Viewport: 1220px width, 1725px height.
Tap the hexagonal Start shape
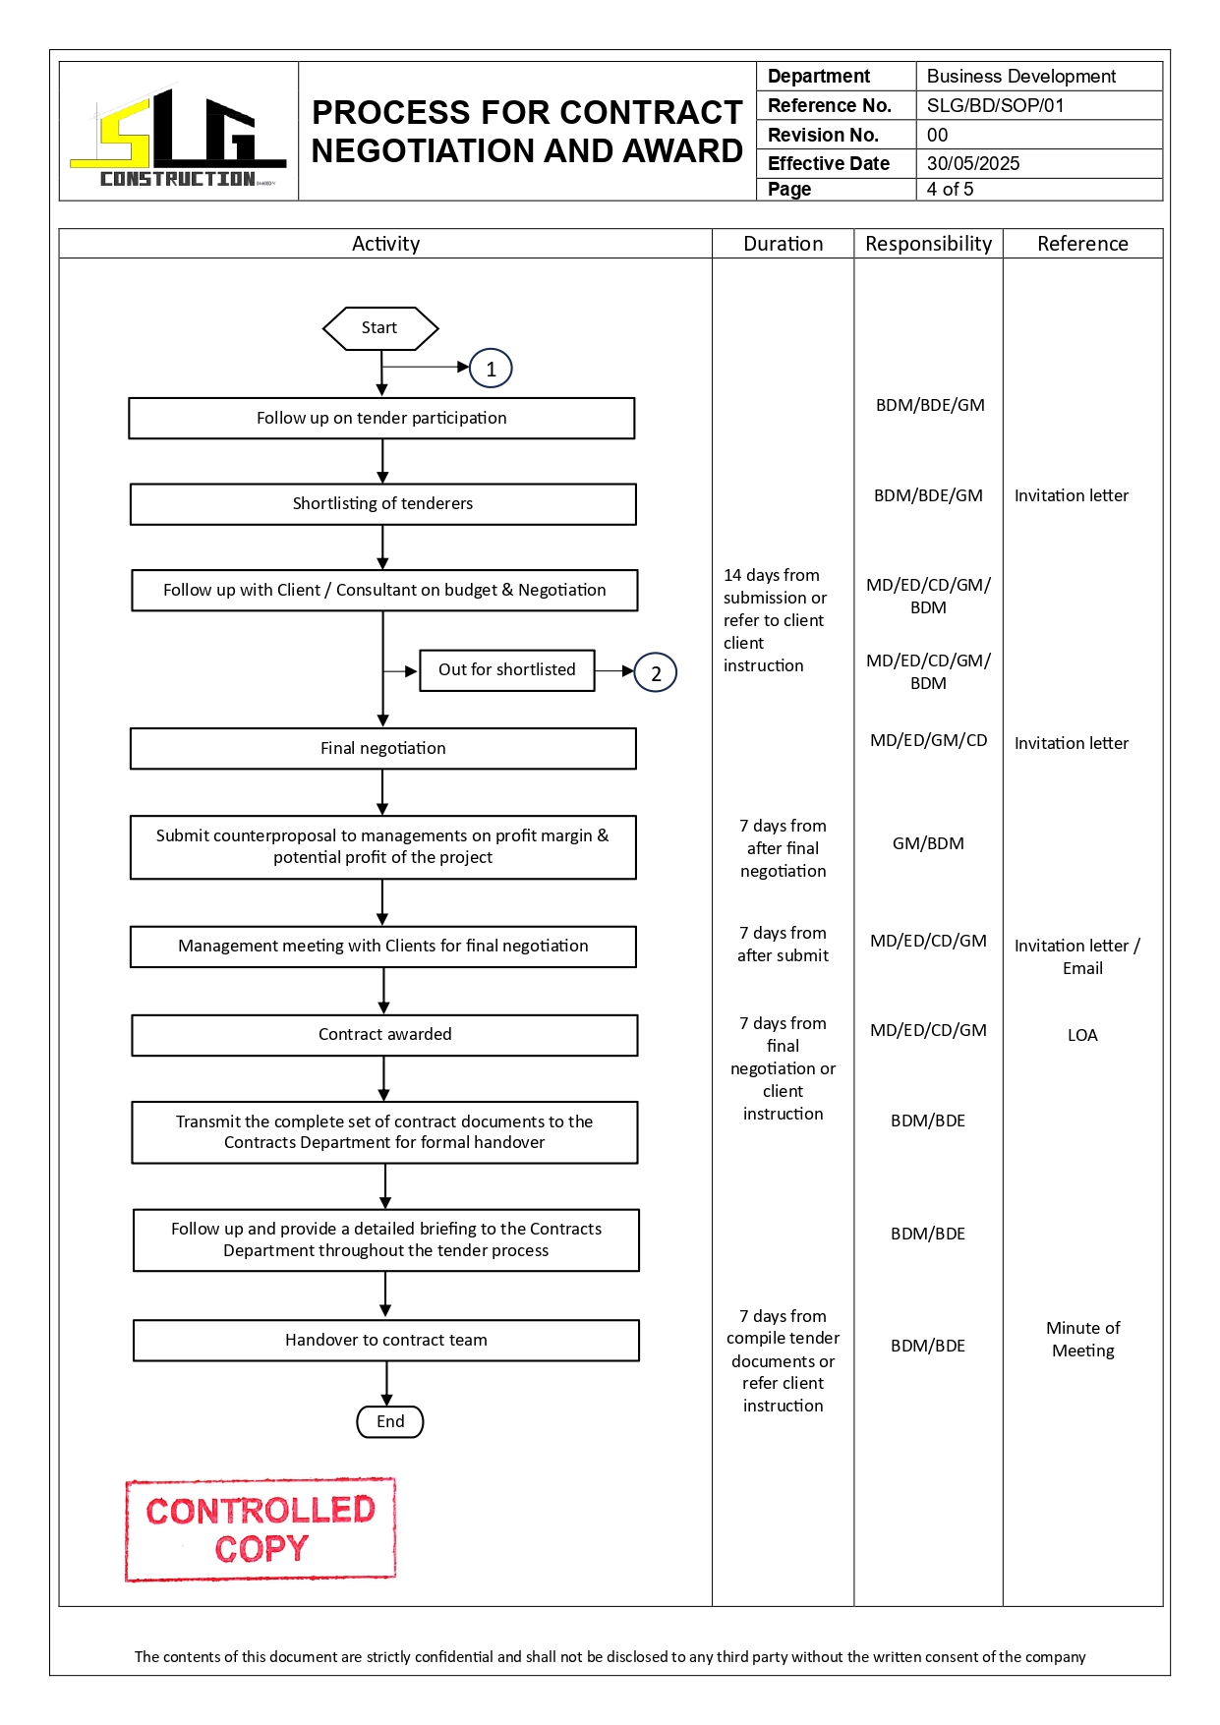coord(380,328)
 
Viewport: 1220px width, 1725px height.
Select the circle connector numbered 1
coord(491,370)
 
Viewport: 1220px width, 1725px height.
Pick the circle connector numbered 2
coord(656,673)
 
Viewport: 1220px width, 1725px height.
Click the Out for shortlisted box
coord(507,670)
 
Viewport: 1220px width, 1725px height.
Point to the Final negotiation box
coord(383,749)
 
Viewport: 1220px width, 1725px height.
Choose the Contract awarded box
coord(385,1035)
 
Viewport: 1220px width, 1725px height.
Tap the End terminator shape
coord(390,1422)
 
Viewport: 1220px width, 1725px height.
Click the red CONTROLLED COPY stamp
coord(261,1529)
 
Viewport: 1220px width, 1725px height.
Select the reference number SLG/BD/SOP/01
coord(995,106)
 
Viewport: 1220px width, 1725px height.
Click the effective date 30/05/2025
coord(973,164)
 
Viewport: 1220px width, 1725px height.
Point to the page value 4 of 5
coord(950,190)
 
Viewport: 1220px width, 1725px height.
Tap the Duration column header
coord(784,245)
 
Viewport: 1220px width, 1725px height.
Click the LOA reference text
coord(1082,1036)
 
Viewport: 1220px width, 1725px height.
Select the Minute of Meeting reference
coord(1082,1340)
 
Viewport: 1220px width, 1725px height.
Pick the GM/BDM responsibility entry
coord(928,844)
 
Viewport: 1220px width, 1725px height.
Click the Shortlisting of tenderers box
coord(383,504)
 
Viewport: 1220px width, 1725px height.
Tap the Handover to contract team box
coord(386,1341)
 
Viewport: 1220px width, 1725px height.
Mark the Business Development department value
coord(1020,77)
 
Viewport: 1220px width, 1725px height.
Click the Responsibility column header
coord(928,245)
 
